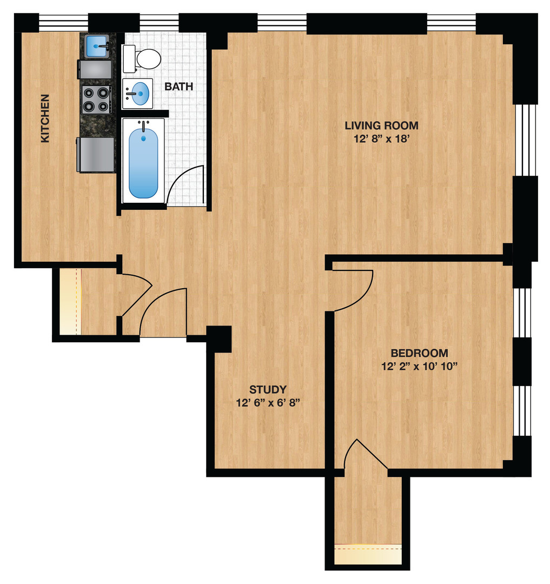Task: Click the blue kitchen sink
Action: pyautogui.click(x=97, y=46)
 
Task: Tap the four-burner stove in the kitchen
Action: pyautogui.click(x=96, y=99)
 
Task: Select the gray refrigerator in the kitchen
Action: pyautogui.click(x=96, y=155)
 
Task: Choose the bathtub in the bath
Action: pyautogui.click(x=143, y=160)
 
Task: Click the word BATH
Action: pyautogui.click(x=178, y=87)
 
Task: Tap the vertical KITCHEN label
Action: pyautogui.click(x=45, y=119)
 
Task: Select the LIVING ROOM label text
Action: pyautogui.click(x=381, y=126)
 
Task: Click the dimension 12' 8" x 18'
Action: pyautogui.click(x=381, y=139)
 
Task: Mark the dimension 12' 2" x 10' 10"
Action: pyautogui.click(x=419, y=366)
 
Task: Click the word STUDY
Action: pyautogui.click(x=268, y=389)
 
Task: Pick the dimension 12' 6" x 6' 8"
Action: pyautogui.click(x=268, y=403)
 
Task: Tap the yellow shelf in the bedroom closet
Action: pyautogui.click(x=368, y=554)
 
